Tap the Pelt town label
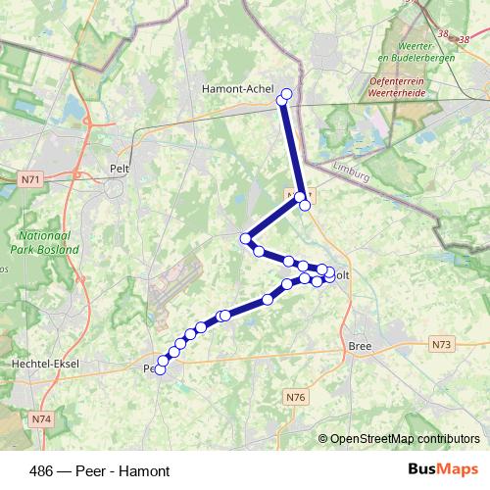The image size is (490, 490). tap(121, 169)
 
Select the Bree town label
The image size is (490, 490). tap(359, 346)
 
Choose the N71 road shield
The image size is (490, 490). tap(30, 180)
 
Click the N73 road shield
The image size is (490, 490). tap(442, 345)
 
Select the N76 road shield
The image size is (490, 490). tap(297, 397)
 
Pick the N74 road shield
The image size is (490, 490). tap(40, 419)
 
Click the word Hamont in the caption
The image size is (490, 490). tap(147, 471)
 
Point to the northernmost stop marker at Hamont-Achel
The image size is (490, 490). tap(287, 94)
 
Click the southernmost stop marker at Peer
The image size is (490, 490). tap(160, 369)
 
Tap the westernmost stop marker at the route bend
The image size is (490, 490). tap(246, 238)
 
